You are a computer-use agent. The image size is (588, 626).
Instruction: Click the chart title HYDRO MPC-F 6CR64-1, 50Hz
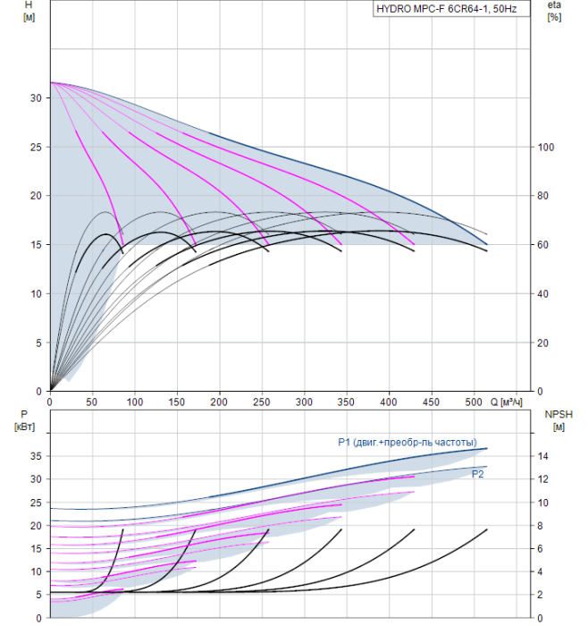tap(447, 9)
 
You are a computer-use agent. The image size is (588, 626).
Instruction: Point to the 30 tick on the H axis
tap(36, 97)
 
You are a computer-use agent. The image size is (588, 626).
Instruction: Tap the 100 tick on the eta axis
tap(546, 148)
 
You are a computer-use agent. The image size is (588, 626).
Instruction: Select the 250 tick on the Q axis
tap(262, 402)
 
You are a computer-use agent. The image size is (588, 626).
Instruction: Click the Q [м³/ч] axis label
tap(506, 402)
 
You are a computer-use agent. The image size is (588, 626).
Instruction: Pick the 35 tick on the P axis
tap(36, 456)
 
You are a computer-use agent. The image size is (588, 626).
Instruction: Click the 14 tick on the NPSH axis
tap(543, 456)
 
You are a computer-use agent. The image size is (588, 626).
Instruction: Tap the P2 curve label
tap(477, 474)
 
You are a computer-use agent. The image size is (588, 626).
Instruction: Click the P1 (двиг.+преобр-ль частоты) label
tap(407, 443)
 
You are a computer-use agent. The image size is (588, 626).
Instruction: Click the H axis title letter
tap(29, 4)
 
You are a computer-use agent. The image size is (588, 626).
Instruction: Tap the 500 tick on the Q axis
tap(474, 402)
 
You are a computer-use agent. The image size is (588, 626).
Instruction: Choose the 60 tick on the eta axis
tap(543, 245)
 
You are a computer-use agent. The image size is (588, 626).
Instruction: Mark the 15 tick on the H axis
tap(36, 245)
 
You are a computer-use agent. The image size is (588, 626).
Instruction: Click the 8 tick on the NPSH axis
tap(540, 526)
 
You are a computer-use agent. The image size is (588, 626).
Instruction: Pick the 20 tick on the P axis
tap(36, 526)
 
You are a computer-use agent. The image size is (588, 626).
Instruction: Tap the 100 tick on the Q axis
tap(134, 402)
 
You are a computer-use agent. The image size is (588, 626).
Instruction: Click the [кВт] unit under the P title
tap(24, 427)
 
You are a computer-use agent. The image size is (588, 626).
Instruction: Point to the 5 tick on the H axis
tap(38, 343)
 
